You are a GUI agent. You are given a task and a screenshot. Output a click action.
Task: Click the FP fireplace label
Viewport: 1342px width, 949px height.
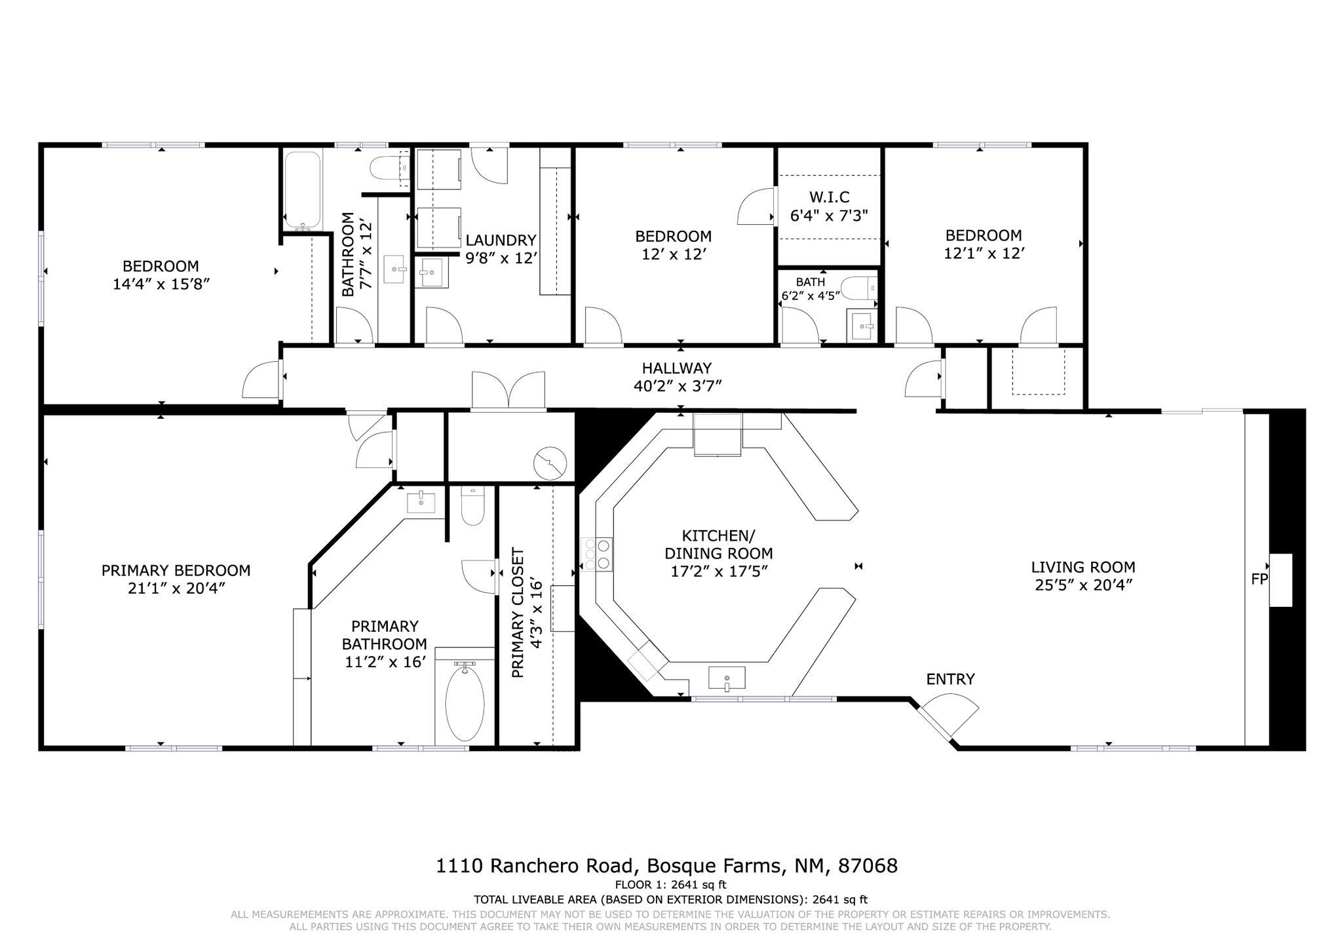click(x=1259, y=579)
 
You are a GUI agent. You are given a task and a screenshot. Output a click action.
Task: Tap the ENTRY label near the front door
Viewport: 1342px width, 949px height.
click(x=950, y=679)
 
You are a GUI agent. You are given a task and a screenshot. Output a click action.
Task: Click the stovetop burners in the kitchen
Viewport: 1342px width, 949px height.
click(x=596, y=554)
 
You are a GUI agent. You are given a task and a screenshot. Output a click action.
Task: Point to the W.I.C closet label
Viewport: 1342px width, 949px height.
click(x=829, y=197)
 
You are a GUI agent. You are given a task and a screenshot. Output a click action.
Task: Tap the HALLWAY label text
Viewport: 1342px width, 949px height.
click(x=676, y=368)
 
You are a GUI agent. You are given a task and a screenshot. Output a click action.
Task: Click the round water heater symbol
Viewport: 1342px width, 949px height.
click(x=550, y=464)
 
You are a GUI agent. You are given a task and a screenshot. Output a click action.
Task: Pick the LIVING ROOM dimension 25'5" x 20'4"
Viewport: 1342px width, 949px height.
click(x=1083, y=585)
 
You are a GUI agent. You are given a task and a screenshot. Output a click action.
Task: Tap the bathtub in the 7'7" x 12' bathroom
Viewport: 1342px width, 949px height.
click(x=302, y=188)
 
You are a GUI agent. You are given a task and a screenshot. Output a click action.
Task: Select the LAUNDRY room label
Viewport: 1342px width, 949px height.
click(x=501, y=241)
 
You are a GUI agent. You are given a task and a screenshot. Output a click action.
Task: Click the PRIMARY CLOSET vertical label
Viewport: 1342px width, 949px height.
click(x=518, y=613)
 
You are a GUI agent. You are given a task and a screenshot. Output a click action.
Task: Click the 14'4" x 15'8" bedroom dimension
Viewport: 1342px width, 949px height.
click(x=161, y=284)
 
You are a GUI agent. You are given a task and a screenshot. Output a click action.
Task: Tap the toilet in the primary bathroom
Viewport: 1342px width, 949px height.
click(x=472, y=505)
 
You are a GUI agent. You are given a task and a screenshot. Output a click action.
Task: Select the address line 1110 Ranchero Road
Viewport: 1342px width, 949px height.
click(x=666, y=866)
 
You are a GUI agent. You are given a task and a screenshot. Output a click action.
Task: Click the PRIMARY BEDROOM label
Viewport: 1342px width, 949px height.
click(x=176, y=571)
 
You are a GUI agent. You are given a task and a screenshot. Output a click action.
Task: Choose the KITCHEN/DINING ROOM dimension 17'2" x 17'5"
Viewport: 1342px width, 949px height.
click(x=719, y=571)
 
